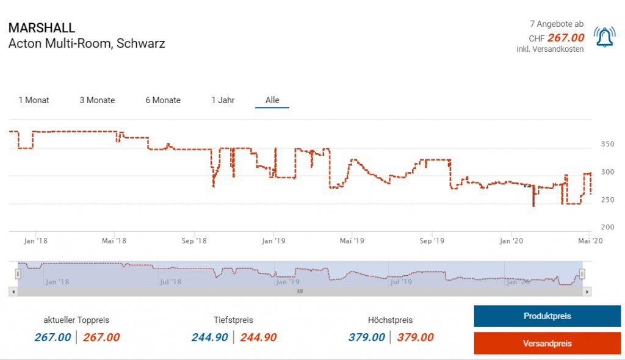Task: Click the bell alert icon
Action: pos(604,38)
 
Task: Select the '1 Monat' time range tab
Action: pos(34,100)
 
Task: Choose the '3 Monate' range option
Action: pos(97,100)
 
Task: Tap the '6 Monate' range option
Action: pos(163,100)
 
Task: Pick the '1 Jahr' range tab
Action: pos(223,100)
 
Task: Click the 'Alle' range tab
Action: pos(272,100)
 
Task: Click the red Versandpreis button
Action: pos(547,344)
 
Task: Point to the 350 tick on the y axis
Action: pos(608,145)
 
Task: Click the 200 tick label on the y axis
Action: pos(608,227)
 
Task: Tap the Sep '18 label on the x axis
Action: pos(194,241)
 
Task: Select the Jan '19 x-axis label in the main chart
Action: pos(274,241)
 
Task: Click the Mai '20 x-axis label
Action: pos(589,241)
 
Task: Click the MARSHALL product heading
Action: pos(42,28)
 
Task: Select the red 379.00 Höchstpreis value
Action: pos(415,337)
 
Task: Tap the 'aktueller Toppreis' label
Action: pos(76,320)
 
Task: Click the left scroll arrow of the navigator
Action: pos(13,292)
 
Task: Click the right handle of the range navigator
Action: pos(582,274)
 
